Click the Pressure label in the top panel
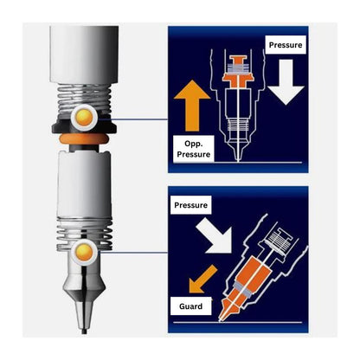tap(286, 45)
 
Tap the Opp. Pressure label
tap(194, 149)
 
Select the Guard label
tap(190, 306)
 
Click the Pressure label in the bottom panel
tap(190, 205)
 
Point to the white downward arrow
tap(286, 82)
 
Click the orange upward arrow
tap(192, 106)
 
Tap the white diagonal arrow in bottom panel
tap(215, 235)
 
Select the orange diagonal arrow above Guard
tap(202, 280)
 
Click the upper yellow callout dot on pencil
tap(84, 117)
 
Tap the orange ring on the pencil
tap(84, 138)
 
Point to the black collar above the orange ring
tap(84, 127)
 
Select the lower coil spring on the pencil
tap(84, 235)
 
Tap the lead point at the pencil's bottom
tap(84, 331)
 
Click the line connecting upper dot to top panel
tap(132, 119)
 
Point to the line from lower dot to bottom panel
tap(132, 253)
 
